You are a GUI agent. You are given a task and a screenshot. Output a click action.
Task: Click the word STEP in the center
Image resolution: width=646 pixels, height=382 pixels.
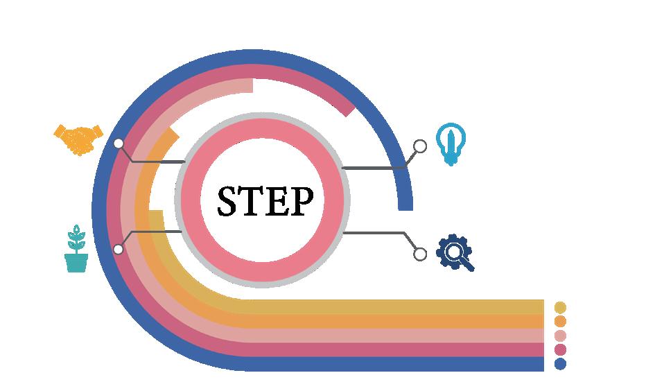[265, 200]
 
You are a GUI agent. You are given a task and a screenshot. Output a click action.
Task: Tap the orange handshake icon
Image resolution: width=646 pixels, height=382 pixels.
[78, 138]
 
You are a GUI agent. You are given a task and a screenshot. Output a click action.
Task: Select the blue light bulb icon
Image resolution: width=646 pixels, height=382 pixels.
[451, 144]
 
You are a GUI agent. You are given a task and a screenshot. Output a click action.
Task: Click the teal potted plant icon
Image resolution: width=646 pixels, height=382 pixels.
[76, 249]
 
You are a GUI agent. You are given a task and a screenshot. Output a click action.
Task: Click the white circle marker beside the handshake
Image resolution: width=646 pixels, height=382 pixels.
[119, 144]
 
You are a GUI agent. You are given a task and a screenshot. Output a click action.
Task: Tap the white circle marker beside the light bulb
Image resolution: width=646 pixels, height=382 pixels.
[420, 146]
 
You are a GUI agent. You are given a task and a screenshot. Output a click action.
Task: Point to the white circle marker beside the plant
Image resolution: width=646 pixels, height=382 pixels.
[119, 249]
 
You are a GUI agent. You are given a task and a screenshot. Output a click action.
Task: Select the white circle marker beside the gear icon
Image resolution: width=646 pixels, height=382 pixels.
[420, 254]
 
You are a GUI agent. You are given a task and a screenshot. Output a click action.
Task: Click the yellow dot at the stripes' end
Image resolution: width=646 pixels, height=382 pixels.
[561, 307]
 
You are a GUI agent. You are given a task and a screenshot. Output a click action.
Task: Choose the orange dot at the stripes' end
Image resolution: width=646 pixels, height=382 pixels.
[561, 321]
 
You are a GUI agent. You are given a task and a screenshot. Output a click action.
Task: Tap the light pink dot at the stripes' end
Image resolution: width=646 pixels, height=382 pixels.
[561, 336]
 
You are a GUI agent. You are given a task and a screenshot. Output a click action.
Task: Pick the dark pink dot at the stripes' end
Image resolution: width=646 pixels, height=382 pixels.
[561, 349]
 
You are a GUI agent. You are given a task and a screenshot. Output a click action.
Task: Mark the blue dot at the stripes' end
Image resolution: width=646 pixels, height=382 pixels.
[561, 363]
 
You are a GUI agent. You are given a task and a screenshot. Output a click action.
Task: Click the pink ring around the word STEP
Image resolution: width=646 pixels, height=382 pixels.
[263, 128]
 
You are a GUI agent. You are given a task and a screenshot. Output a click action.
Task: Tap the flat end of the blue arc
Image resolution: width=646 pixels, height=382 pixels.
[405, 207]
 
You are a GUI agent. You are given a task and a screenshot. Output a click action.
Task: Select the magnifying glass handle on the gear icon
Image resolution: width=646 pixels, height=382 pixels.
[469, 266]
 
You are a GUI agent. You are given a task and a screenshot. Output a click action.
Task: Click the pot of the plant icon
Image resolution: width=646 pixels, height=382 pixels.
[76, 263]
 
